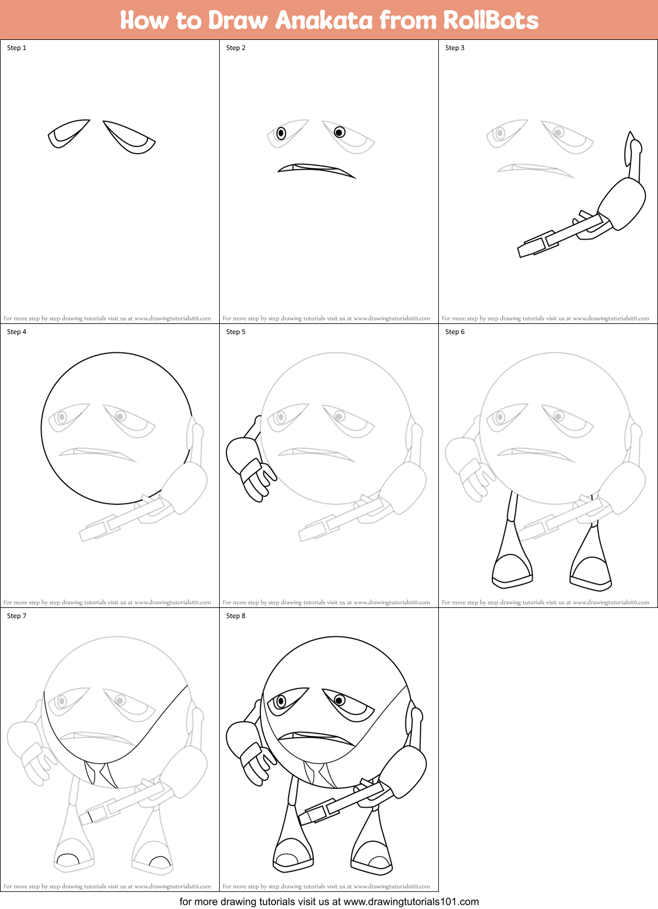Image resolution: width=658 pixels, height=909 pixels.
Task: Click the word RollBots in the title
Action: tap(491, 20)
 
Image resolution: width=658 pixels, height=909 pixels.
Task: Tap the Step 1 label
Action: tap(17, 48)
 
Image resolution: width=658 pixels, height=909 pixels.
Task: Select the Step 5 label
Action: tap(236, 332)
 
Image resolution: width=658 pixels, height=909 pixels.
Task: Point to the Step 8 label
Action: tap(236, 616)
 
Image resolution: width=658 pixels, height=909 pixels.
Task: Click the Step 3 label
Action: tap(455, 48)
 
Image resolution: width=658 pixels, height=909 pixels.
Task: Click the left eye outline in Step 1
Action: tap(67, 133)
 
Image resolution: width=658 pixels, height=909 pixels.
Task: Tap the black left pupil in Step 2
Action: tap(281, 133)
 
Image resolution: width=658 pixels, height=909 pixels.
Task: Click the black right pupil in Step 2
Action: tap(339, 132)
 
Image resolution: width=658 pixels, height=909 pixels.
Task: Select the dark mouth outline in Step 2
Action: tap(316, 168)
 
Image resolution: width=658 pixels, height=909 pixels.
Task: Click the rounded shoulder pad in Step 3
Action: tap(622, 203)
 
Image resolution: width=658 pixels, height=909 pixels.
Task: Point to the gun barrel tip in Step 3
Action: tap(523, 250)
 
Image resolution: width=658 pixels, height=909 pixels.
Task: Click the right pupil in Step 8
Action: tap(339, 700)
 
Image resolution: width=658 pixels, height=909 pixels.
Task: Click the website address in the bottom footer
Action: tap(411, 902)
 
